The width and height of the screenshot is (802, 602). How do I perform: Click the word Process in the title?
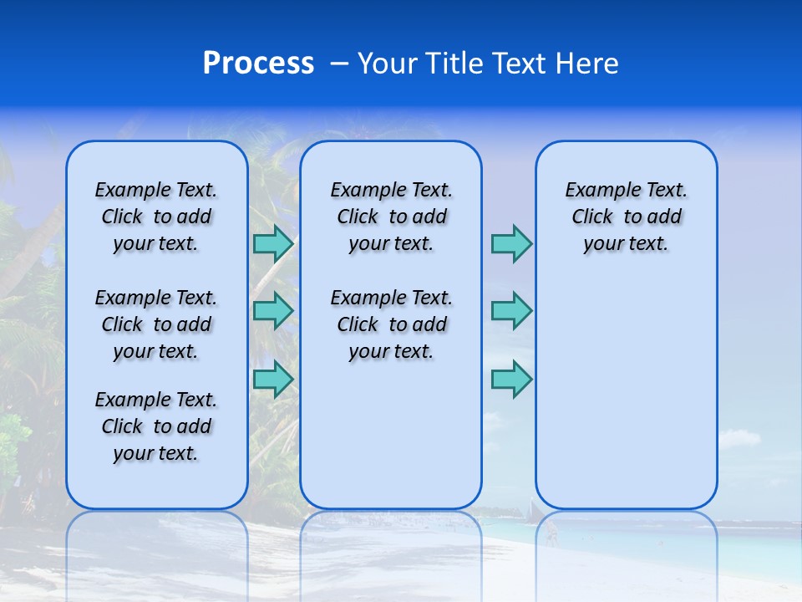click(258, 63)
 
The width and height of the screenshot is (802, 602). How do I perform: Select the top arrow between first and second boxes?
click(272, 243)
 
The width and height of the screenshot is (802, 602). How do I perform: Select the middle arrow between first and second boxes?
click(272, 311)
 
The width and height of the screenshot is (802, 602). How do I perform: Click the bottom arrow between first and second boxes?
click(272, 380)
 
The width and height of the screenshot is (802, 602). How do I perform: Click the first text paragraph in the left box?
click(156, 217)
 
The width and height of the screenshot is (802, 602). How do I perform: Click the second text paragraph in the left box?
click(156, 324)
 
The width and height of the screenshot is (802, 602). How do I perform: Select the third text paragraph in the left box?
click(156, 426)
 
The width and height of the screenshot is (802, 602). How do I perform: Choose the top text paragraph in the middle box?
click(391, 217)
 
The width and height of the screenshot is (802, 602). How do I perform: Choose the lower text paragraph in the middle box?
click(391, 324)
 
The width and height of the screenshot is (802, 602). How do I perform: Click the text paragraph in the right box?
click(627, 217)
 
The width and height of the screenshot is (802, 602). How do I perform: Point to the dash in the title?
click(338, 64)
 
